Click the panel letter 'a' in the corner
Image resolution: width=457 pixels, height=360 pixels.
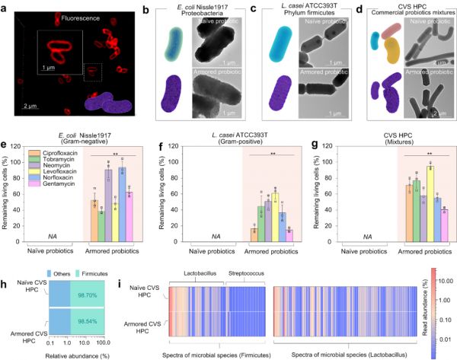pos(5,6)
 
